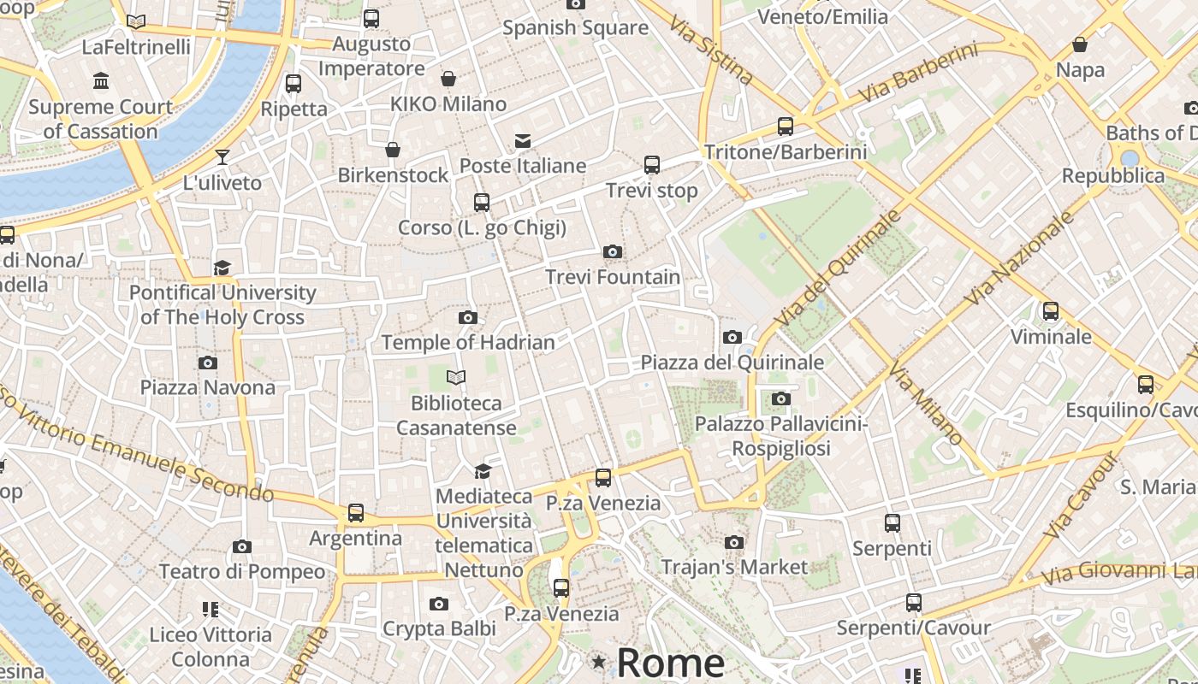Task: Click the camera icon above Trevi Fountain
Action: tap(612, 251)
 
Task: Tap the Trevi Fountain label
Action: tap(613, 277)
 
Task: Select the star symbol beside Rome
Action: tap(599, 662)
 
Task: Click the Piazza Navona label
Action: tap(208, 387)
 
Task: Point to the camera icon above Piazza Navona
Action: tap(207, 363)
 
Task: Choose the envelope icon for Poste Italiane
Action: tap(522, 141)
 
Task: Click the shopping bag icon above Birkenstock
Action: tap(393, 150)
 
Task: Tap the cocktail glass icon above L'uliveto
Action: tap(222, 156)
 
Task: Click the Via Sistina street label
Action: tap(712, 50)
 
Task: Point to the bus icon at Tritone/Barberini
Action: tap(786, 127)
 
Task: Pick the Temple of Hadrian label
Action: tap(468, 342)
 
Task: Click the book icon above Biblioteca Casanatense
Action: tap(456, 377)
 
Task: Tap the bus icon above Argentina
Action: tap(355, 513)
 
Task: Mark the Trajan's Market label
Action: tap(734, 566)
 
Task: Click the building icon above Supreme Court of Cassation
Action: tap(101, 81)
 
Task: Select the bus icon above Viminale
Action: tap(1051, 311)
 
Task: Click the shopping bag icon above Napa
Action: tap(1080, 44)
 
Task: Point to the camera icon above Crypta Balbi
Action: tap(439, 604)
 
